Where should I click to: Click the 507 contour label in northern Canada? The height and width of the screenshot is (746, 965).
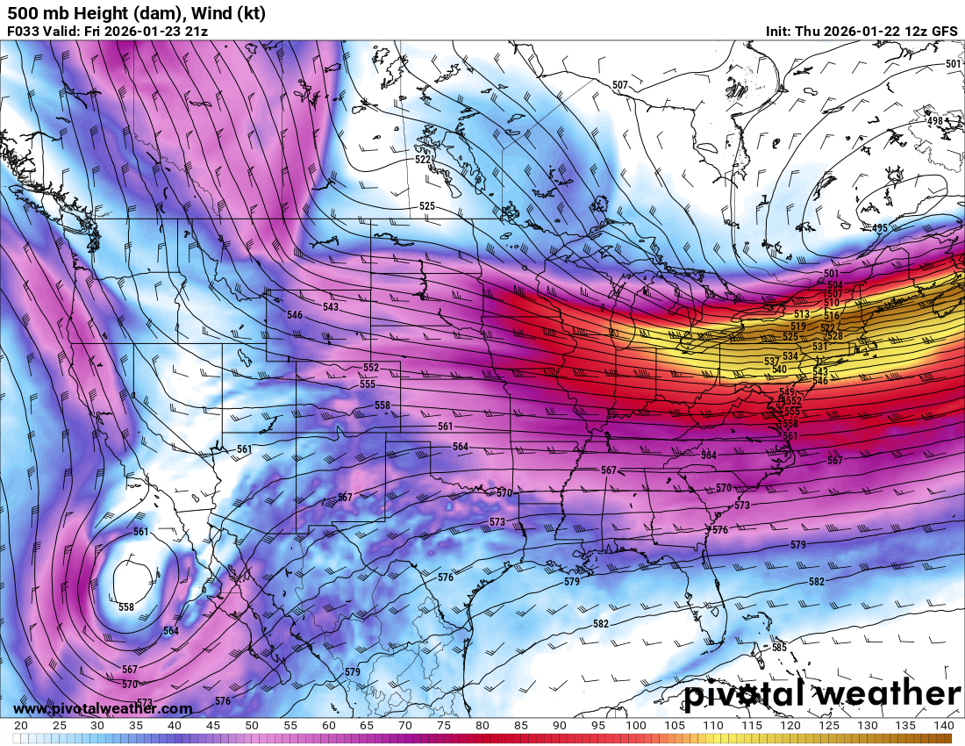[620, 85]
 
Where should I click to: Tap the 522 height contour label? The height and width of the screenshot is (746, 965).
[423, 160]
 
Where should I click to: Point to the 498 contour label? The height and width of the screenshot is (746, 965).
[935, 121]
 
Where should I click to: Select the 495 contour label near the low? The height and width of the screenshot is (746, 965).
[879, 228]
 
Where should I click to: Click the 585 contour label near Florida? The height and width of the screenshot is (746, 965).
[779, 648]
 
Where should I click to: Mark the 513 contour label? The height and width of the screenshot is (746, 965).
[801, 314]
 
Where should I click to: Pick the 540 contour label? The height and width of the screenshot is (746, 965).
[779, 369]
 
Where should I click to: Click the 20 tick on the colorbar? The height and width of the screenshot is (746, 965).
[21, 726]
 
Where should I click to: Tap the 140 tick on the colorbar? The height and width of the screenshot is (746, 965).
[942, 726]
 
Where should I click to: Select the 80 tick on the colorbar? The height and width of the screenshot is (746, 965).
[482, 726]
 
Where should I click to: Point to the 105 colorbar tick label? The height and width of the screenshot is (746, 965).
[674, 726]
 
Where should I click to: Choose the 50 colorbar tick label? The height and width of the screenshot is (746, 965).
[252, 726]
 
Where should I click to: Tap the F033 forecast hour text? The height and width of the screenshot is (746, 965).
[23, 32]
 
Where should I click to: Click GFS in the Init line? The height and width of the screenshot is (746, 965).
[944, 31]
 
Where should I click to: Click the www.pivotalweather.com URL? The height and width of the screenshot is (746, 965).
[103, 708]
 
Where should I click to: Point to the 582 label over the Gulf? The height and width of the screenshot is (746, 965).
[601, 624]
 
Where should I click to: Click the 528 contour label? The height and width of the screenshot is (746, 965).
[834, 336]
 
